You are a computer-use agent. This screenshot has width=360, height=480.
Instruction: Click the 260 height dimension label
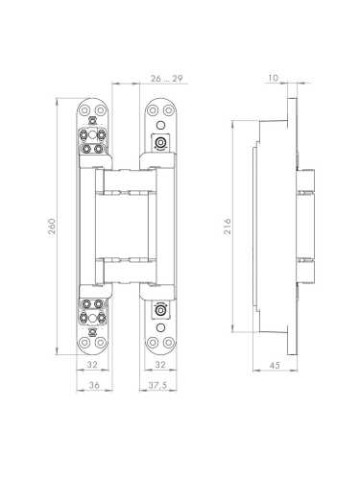pyautogui.click(x=52, y=226)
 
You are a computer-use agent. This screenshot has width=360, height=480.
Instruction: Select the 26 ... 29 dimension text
pyautogui.click(x=166, y=79)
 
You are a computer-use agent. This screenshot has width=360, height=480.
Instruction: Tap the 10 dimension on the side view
pyautogui.click(x=274, y=78)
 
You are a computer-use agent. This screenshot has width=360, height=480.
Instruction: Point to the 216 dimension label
pyautogui.click(x=227, y=227)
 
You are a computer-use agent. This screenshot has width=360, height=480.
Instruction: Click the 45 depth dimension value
pyautogui.click(x=275, y=365)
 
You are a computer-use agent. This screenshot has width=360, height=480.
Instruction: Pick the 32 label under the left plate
pyautogui.click(x=92, y=365)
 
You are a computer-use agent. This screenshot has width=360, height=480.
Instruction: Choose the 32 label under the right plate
pyautogui.click(x=160, y=365)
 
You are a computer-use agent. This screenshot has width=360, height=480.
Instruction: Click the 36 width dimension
pyautogui.click(x=94, y=385)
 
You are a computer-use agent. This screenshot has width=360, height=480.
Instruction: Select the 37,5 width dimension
pyautogui.click(x=157, y=385)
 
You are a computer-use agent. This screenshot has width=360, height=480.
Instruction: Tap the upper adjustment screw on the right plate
pyautogui.click(x=160, y=142)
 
